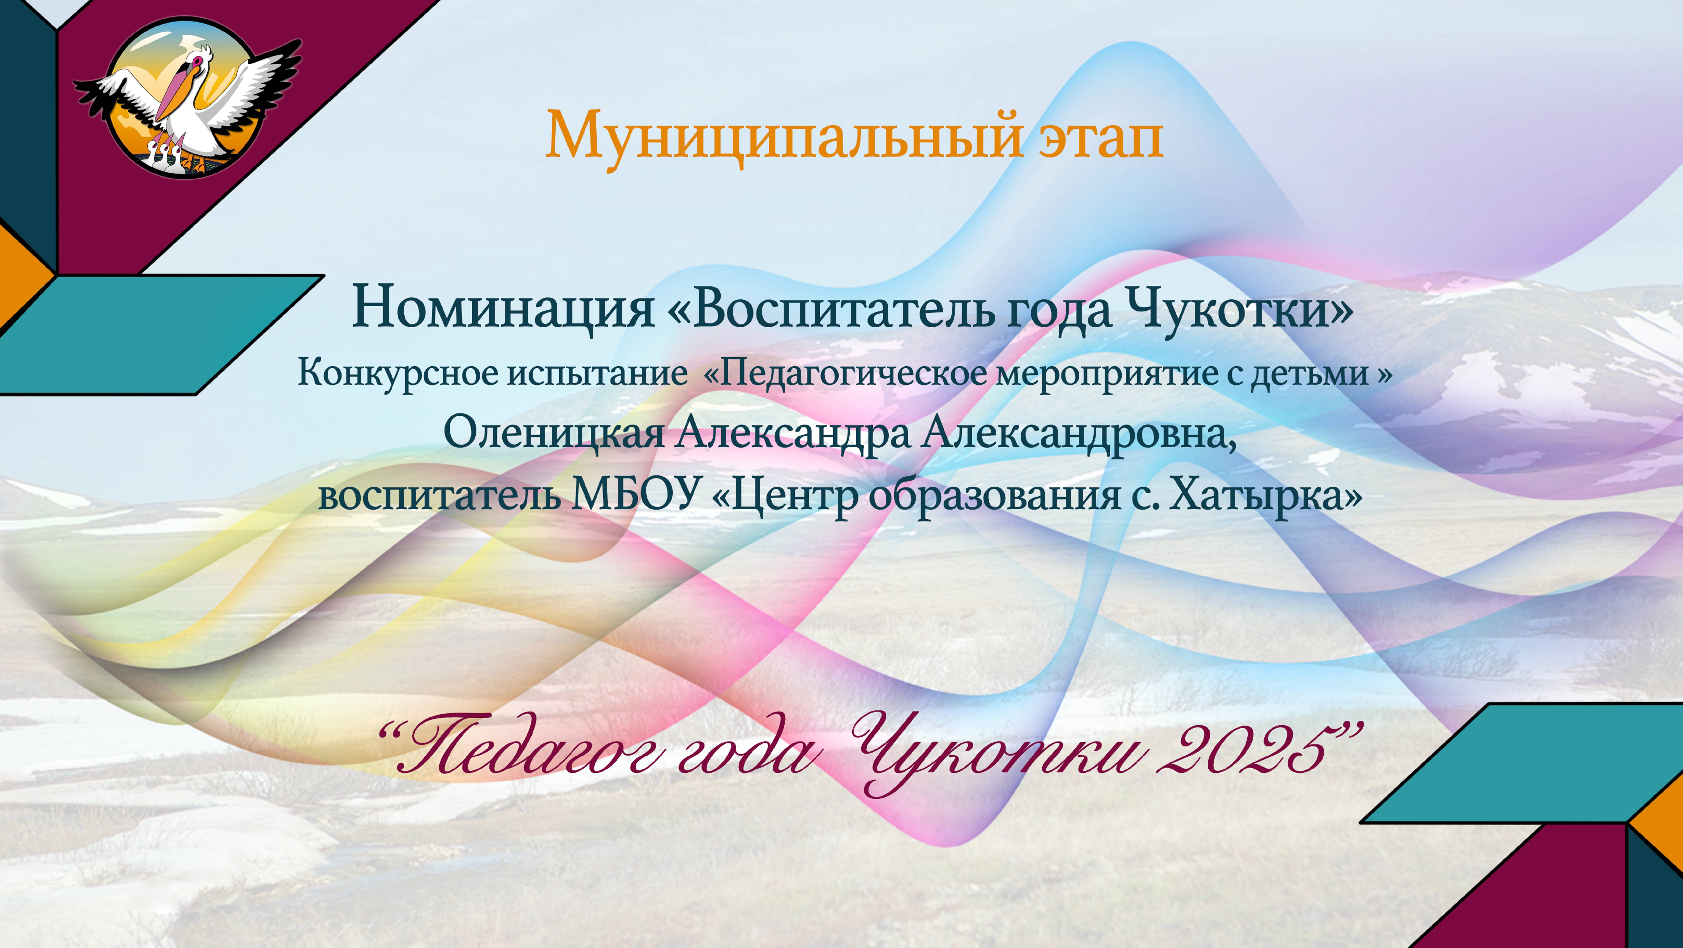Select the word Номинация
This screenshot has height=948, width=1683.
coord(503,308)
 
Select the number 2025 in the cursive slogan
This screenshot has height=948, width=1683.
coord(1248,751)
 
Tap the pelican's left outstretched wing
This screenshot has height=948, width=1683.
coord(118,95)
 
